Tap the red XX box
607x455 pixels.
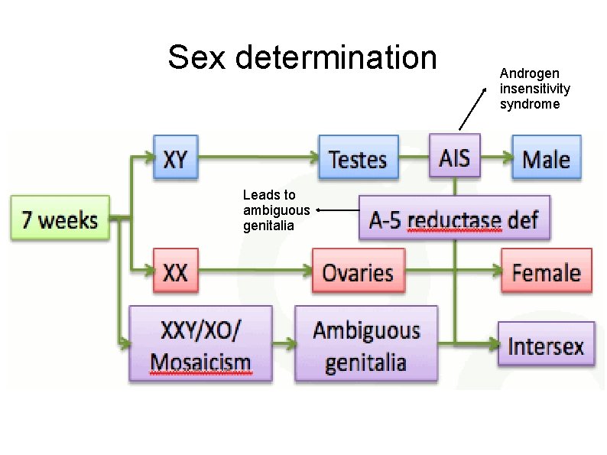175,271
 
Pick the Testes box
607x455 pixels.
358,159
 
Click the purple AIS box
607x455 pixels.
454,158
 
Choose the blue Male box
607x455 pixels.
546,159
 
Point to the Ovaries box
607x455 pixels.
358,271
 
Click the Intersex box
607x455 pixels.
546,346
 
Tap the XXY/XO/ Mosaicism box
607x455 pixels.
200,344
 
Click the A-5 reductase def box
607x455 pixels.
454,219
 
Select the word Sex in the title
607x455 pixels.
196,57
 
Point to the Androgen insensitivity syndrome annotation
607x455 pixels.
534,89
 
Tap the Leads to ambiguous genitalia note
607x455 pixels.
276,210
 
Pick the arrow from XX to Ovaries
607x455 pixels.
252,270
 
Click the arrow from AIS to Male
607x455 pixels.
496,158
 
